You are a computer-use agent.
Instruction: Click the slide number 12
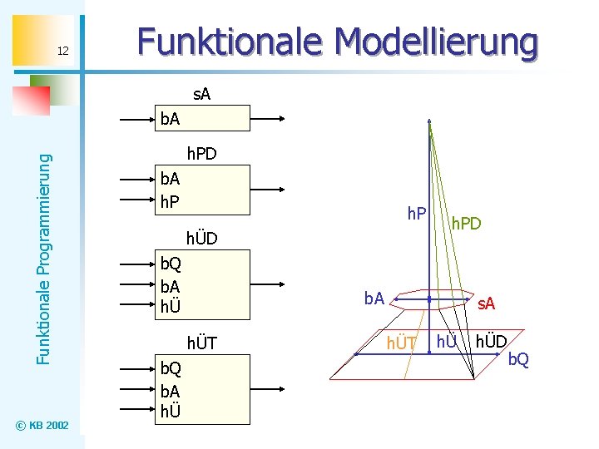(62, 52)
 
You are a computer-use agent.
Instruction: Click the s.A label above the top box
(201, 95)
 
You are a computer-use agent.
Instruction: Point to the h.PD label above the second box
(201, 154)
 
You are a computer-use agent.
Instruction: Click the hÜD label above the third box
(201, 239)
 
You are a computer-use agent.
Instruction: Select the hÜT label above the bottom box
(201, 343)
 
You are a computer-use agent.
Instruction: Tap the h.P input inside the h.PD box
(171, 200)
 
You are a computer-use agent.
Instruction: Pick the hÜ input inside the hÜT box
(171, 410)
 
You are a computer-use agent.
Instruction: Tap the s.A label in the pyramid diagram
(486, 304)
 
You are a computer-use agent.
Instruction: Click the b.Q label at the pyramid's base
(518, 358)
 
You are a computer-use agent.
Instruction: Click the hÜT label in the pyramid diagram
(402, 342)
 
